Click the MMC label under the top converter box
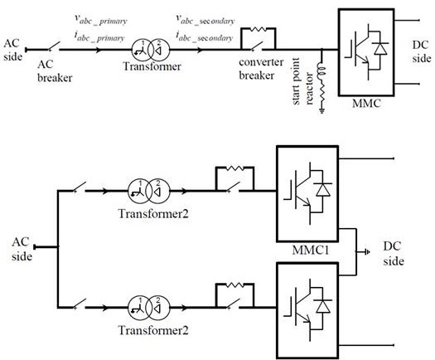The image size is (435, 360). pyautogui.click(x=366, y=104)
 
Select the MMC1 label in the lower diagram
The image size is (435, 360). pyautogui.click(x=311, y=251)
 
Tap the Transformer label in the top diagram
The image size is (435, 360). pyautogui.click(x=152, y=66)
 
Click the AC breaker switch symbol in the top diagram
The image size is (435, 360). pyautogui.click(x=54, y=46)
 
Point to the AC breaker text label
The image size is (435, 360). pyautogui.click(x=55, y=71)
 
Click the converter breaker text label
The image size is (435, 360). pyautogui.click(x=261, y=69)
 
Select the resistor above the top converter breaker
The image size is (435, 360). pyautogui.click(x=259, y=29)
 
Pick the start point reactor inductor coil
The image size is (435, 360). pyautogui.click(x=321, y=71)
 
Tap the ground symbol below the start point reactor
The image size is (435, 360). pyautogui.click(x=322, y=111)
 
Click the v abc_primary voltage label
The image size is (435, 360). pyautogui.click(x=101, y=19)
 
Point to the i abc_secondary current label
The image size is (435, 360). pyautogui.click(x=205, y=36)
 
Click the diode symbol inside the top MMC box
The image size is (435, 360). pyautogui.click(x=380, y=49)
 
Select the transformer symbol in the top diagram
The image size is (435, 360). pyautogui.click(x=150, y=50)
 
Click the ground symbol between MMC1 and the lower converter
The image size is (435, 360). pyautogui.click(x=366, y=252)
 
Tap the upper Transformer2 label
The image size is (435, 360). pyautogui.click(x=153, y=214)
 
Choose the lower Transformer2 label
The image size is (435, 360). pyautogui.click(x=153, y=330)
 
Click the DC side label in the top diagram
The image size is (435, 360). pyautogui.click(x=422, y=51)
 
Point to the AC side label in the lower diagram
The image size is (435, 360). pyautogui.click(x=22, y=249)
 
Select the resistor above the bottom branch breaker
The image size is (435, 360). pyautogui.click(x=234, y=285)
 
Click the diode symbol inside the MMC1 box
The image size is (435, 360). pyautogui.click(x=323, y=190)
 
